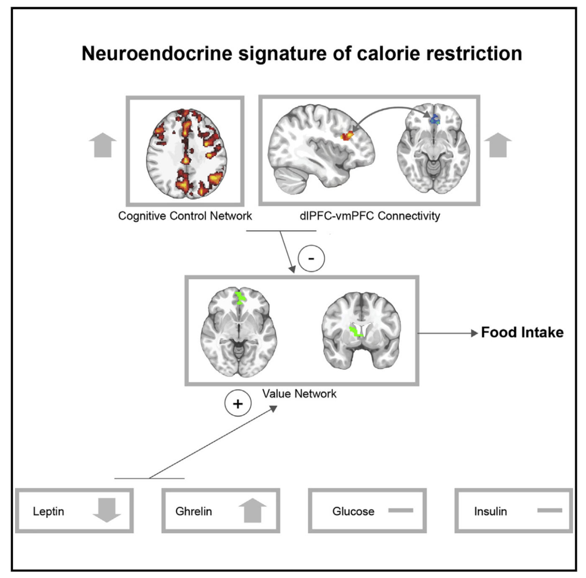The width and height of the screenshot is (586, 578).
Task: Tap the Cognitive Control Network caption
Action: coord(185,216)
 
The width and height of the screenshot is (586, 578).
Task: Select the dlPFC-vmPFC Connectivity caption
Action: coord(370,216)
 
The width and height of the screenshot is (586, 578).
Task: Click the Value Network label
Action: coord(299,394)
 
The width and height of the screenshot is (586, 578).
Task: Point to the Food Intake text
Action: coord(522,332)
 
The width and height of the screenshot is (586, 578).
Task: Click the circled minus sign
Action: coord(311,258)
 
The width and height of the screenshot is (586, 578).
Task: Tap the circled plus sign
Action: coord(238,404)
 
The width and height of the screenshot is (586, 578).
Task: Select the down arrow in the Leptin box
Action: coord(107,510)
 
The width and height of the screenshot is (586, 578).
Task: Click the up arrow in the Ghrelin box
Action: coord(252,511)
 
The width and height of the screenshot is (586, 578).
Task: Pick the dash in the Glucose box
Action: coord(401,511)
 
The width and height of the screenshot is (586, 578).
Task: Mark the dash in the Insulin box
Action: coord(549,511)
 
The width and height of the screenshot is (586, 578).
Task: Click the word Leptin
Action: coord(49,511)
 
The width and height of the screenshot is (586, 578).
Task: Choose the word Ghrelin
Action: coord(193,511)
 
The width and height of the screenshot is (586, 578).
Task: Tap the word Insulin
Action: coord(490,511)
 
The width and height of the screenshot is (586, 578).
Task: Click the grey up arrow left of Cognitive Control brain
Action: coord(103,145)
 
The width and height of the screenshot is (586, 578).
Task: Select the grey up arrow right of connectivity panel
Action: coord(498,145)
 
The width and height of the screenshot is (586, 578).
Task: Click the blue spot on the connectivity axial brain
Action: coord(435,120)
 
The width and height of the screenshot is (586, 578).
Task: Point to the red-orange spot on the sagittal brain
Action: coord(347,135)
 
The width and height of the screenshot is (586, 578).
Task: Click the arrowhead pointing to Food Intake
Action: coord(475,333)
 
